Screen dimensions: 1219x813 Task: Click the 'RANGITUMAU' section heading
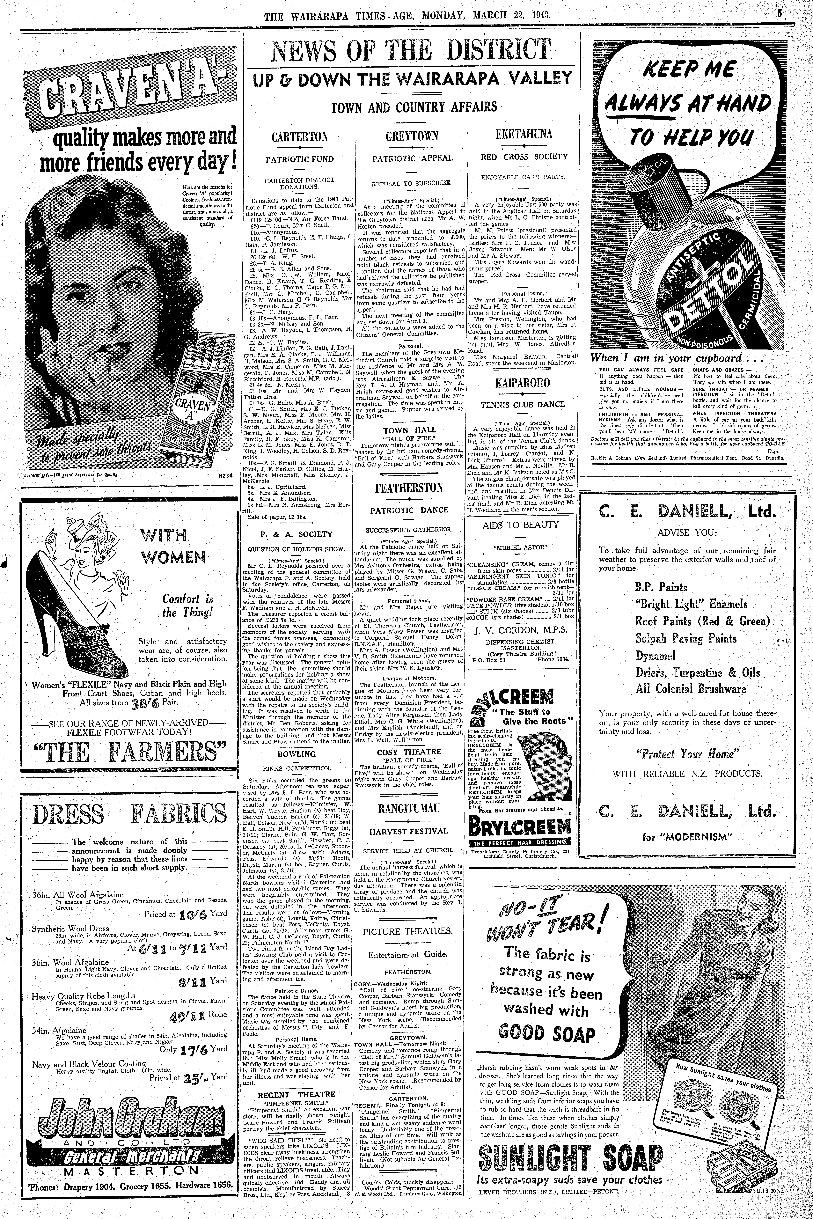tap(409, 808)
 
